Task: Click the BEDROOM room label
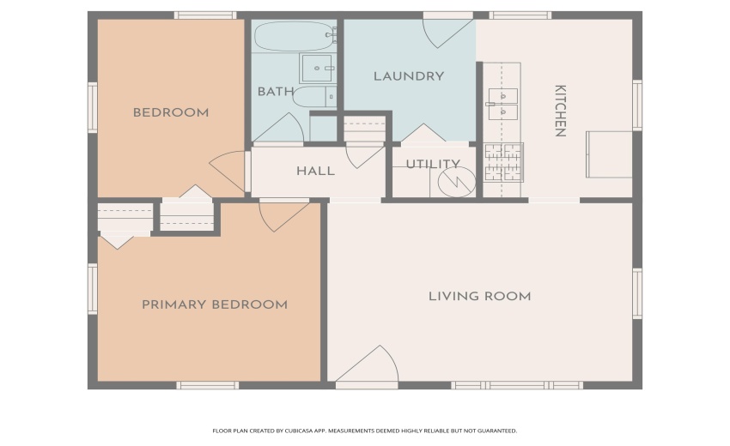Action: [170, 112]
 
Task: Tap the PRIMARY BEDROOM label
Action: [214, 304]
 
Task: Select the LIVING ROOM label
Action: [479, 297]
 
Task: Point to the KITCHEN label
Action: [559, 111]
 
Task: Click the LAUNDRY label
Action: [408, 76]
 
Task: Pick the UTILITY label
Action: [432, 164]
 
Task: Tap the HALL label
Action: [315, 171]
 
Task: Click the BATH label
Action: [275, 91]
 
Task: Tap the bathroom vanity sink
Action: [318, 67]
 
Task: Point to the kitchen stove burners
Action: [502, 163]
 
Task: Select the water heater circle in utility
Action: [456, 182]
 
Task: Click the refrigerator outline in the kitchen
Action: [609, 154]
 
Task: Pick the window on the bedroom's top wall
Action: [205, 15]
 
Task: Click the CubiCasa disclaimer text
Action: [364, 431]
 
